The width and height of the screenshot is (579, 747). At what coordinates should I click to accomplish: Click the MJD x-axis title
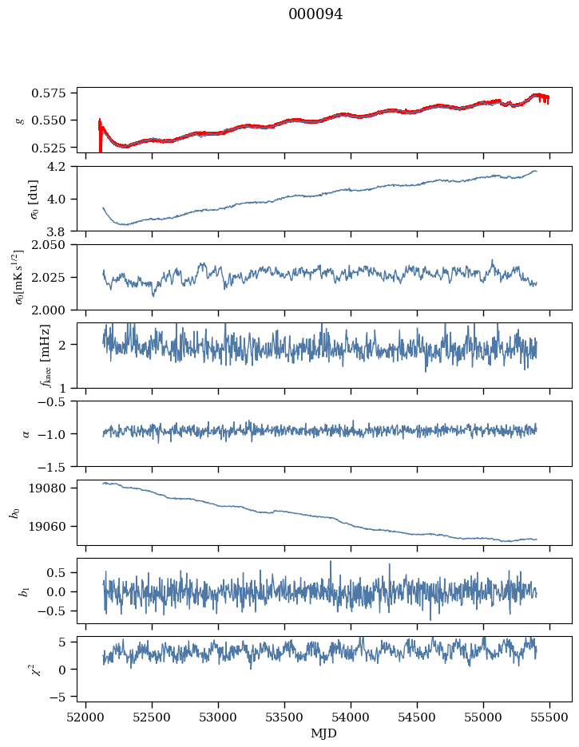coord(324,733)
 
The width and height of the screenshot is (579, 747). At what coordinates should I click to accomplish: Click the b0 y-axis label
coord(14,512)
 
